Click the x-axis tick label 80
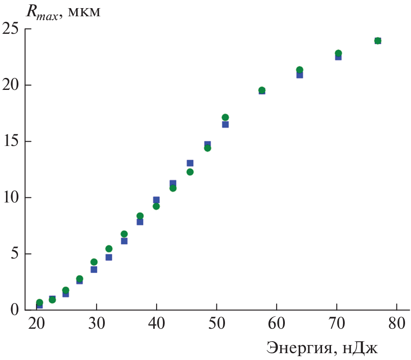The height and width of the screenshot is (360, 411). tap(396, 324)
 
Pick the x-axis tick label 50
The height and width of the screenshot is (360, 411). tap(216, 324)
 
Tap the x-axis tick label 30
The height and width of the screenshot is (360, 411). tap(97, 324)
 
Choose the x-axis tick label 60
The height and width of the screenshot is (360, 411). tap(277, 324)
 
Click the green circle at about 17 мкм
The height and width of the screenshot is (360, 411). tap(225, 117)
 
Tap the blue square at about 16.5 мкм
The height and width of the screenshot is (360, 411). tap(225, 125)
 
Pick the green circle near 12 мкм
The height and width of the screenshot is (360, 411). tap(190, 172)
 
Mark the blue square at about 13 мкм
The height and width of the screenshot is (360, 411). tap(190, 163)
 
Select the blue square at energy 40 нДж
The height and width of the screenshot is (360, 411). tap(156, 200)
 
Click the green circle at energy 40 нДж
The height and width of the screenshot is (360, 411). tap(156, 206)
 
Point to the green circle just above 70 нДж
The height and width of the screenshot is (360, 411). tap(338, 53)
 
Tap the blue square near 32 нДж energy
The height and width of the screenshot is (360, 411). tap(109, 257)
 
